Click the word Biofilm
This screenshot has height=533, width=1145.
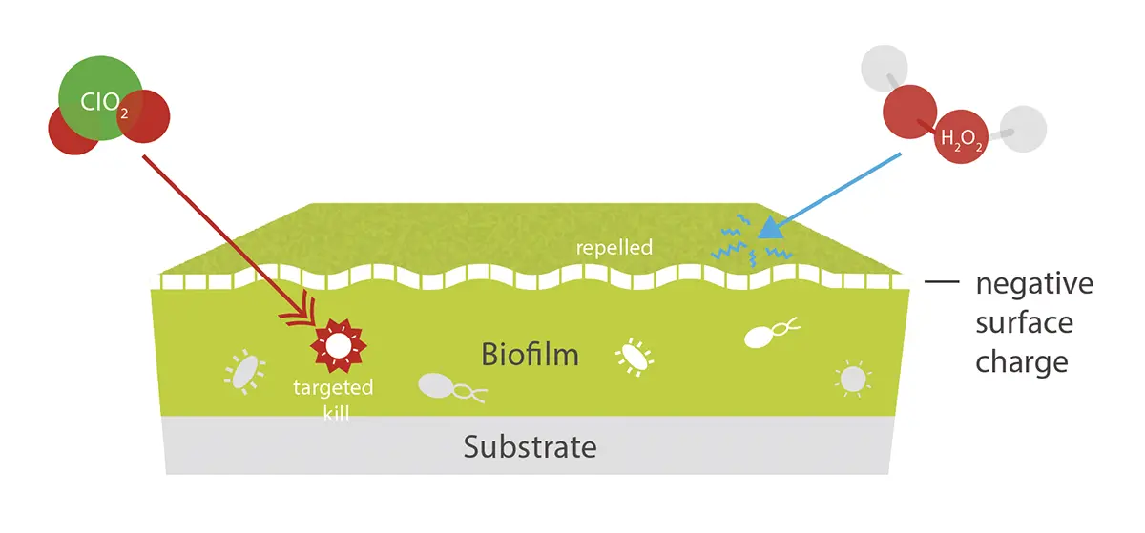530,356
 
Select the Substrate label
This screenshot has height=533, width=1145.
531,446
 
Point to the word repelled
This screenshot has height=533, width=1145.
614,248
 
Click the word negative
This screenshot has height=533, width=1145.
1033,284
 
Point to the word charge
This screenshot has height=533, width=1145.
1021,362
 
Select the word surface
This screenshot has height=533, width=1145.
1024,323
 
